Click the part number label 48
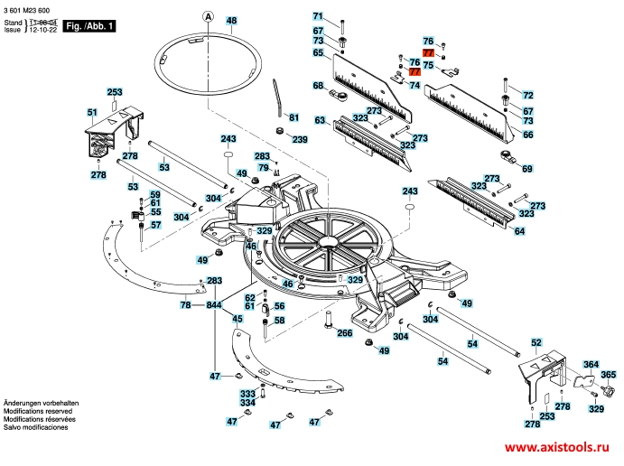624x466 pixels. click(x=231, y=20)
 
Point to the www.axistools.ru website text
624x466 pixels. click(x=556, y=449)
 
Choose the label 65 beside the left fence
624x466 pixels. click(x=318, y=53)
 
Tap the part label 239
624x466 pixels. click(x=299, y=139)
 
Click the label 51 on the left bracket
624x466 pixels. click(x=91, y=112)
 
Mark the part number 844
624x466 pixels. click(x=214, y=305)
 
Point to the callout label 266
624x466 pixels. click(x=344, y=333)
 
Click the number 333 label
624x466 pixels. click(x=247, y=395)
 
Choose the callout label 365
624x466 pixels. click(x=609, y=375)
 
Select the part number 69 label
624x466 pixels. click(x=527, y=168)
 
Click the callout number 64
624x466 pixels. click(x=518, y=232)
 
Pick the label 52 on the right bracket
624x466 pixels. click(x=536, y=343)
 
